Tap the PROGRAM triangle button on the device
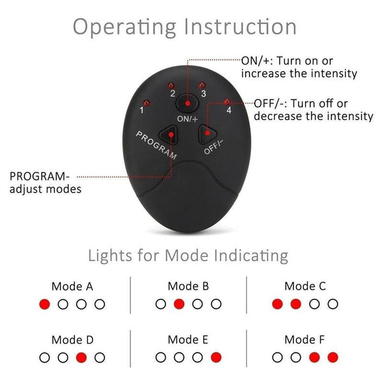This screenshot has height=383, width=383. [170, 134]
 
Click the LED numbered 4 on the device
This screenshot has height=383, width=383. [228, 100]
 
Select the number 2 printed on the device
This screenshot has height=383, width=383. [172, 94]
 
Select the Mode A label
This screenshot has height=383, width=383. [72, 287]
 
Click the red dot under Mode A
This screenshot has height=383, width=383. [45, 304]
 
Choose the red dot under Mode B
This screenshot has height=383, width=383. [179, 304]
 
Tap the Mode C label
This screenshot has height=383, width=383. [304, 287]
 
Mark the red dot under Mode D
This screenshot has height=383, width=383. [81, 357]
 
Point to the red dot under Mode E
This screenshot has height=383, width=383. [216, 357]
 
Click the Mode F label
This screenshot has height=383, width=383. [304, 340]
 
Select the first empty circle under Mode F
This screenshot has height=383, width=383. [277, 357]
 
